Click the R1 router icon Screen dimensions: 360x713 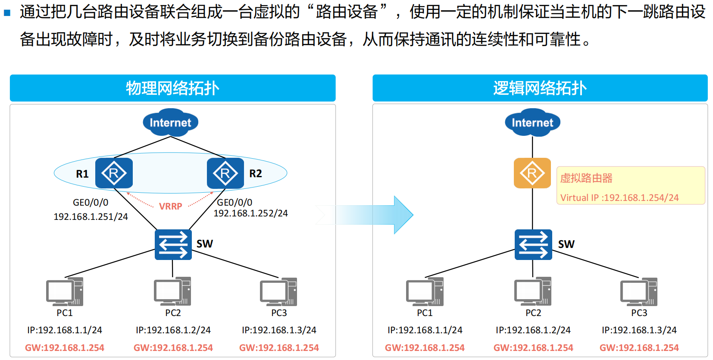pyautogui.click(x=114, y=173)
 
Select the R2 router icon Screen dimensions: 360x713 pyautogui.click(x=225, y=173)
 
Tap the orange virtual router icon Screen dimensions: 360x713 pyautogui.click(x=532, y=173)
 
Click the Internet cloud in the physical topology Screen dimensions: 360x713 pyautogui.click(x=170, y=123)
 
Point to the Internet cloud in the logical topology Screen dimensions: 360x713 pyautogui.click(x=532, y=123)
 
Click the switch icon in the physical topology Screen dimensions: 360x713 pyautogui.click(x=173, y=244)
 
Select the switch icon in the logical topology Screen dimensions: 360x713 pyautogui.click(x=533, y=244)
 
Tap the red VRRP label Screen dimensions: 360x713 pyautogui.click(x=170, y=207)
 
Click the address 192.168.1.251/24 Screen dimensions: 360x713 pyautogui.click(x=91, y=217)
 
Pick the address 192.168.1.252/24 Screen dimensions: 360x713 pyautogui.click(x=250, y=213)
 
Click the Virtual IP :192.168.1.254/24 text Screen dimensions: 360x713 pyautogui.click(x=619, y=198)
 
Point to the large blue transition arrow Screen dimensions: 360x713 pyautogui.click(x=375, y=215)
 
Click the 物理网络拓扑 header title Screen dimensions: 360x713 pyautogui.click(x=172, y=88)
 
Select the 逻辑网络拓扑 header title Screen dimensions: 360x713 pyautogui.click(x=540, y=88)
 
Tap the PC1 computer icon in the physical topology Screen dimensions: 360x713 pyautogui.click(x=65, y=292)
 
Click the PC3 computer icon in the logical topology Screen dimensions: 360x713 pyautogui.click(x=639, y=292)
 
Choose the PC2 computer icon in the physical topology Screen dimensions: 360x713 pyautogui.click(x=172, y=292)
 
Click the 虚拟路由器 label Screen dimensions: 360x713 pyautogui.click(x=586, y=178)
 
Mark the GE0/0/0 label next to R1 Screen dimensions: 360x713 pyautogui.click(x=91, y=203)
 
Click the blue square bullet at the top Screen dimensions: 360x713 pyautogui.click(x=7, y=13)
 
